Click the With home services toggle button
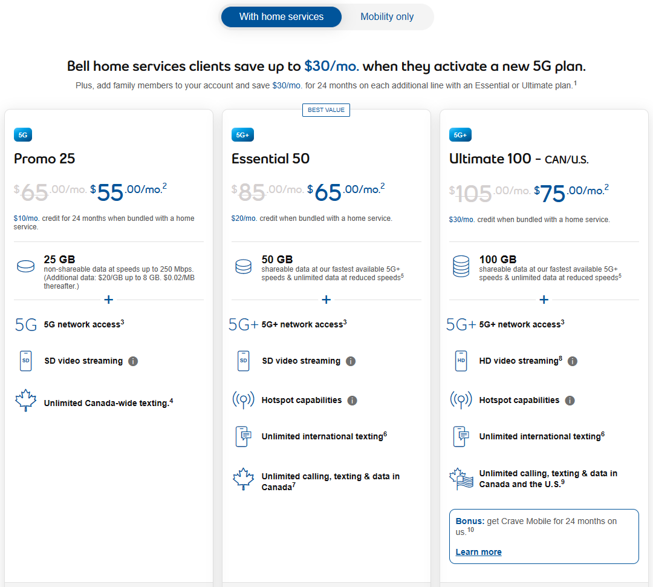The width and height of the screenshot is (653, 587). [x=281, y=17]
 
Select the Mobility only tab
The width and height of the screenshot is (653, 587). [x=387, y=17]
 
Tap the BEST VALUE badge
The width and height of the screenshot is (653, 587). [x=326, y=110]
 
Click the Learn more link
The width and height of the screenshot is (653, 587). [x=478, y=552]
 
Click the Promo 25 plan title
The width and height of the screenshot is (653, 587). [x=45, y=159]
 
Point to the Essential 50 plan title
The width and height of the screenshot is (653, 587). [x=271, y=159]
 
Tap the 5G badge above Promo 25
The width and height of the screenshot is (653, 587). [x=23, y=135]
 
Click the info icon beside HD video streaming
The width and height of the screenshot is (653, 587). [x=573, y=361]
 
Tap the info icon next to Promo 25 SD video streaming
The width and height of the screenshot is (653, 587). [x=133, y=361]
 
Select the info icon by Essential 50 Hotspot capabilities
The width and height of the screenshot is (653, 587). [x=352, y=401]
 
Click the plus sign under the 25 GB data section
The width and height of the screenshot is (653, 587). [x=109, y=300]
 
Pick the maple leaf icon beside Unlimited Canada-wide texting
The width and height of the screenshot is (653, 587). [x=26, y=401]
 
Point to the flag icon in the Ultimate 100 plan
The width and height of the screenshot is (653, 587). [x=461, y=479]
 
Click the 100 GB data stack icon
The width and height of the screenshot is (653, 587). [x=461, y=266]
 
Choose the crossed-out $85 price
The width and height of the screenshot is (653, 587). [x=249, y=192]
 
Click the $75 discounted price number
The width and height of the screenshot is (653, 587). [x=550, y=193]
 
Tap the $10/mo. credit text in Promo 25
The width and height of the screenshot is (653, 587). [x=26, y=218]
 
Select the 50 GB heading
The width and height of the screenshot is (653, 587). [x=277, y=260]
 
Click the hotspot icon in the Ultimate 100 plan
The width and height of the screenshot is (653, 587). [x=461, y=400]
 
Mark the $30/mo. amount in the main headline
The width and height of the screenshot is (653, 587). [x=331, y=67]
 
